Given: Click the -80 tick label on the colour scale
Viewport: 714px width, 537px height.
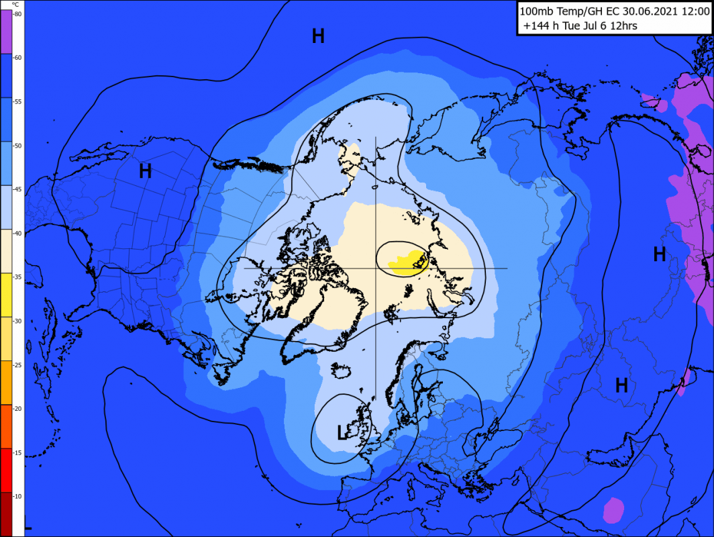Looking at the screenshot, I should pyautogui.click(x=17, y=13).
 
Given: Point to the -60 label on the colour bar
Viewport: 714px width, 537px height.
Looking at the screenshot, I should pyautogui.click(x=17, y=58).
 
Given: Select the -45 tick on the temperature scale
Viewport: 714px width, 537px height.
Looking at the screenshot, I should pyautogui.click(x=17, y=189).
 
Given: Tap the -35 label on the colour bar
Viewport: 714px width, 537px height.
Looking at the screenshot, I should pyautogui.click(x=17, y=277).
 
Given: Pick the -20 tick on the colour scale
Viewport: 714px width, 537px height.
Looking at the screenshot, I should pyautogui.click(x=17, y=409).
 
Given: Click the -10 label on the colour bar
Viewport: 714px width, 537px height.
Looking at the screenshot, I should pyautogui.click(x=17, y=496).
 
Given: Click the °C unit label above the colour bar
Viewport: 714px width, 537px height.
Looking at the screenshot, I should pyautogui.click(x=15, y=4).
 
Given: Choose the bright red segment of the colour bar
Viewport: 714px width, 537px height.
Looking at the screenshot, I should pyautogui.click(x=5, y=470).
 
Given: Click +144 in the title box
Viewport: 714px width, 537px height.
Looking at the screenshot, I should pyautogui.click(x=536, y=26).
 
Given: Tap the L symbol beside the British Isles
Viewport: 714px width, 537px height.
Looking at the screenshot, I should pyautogui.click(x=342, y=433).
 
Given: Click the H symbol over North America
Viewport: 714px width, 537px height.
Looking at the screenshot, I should pyautogui.click(x=145, y=171).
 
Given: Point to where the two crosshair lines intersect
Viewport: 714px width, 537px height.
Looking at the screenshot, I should pyautogui.click(x=375, y=268).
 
